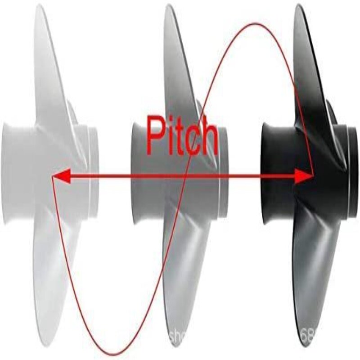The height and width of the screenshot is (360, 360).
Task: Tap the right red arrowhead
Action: pyautogui.click(x=306, y=177)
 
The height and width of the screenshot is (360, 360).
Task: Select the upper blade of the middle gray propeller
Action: pyautogui.click(x=178, y=58)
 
